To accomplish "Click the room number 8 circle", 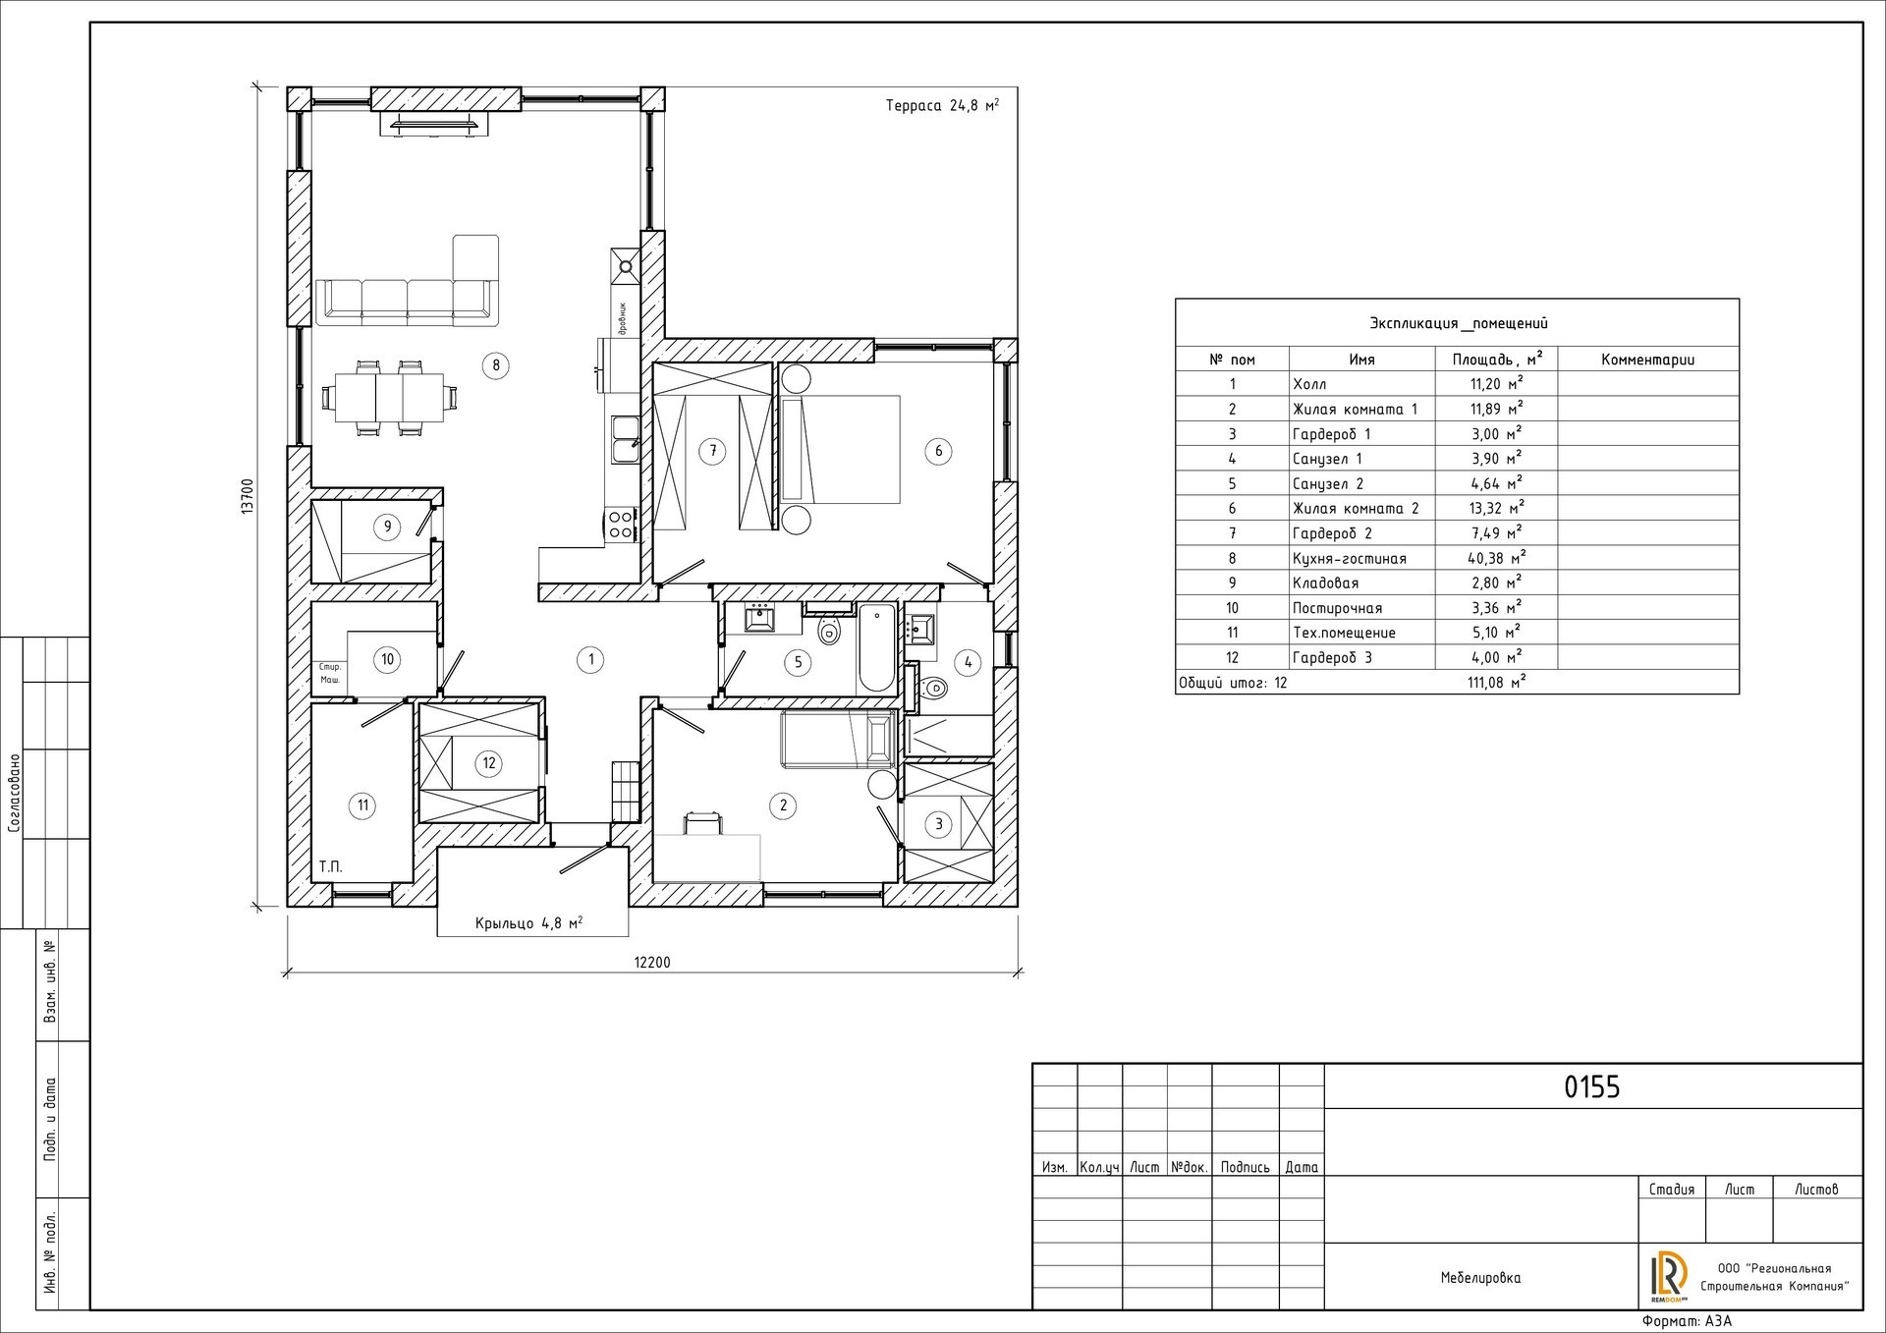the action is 496,365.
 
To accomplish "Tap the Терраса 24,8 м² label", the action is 942,106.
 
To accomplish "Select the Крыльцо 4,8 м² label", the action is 529,923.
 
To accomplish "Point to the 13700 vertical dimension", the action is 249,496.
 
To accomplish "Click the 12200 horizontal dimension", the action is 652,963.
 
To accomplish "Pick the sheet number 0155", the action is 1591,1087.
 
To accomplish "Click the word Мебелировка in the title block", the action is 1480,1278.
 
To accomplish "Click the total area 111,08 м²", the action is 1496,682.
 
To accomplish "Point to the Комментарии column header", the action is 1648,360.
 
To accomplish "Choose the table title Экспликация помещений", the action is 1459,323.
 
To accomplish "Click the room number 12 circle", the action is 488,763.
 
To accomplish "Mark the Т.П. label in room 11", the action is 330,867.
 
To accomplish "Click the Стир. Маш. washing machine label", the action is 330,673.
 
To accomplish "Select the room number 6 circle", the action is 938,451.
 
